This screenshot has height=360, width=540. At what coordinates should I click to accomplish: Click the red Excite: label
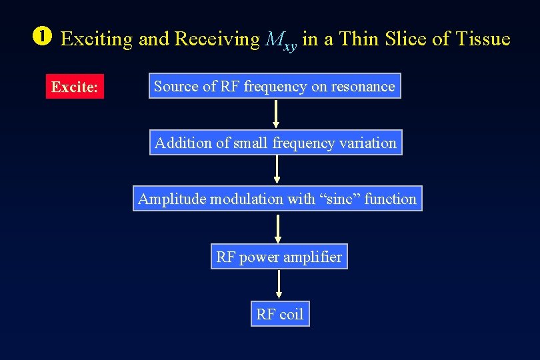75,87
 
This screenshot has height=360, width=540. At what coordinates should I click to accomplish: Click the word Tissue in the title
483,39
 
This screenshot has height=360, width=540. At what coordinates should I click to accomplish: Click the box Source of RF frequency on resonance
275,86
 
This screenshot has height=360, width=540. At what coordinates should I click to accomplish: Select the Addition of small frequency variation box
275,143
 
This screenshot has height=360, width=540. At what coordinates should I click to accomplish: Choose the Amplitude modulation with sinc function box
277,199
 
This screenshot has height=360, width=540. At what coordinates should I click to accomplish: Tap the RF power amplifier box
279,257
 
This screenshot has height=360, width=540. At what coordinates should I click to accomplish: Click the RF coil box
279,314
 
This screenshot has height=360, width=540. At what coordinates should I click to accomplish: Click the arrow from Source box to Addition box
276,114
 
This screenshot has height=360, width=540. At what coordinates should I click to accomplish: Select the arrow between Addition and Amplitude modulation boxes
277,170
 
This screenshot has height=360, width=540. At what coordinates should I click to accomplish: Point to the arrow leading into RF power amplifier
278,228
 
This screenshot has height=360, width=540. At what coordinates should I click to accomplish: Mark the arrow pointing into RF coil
279,285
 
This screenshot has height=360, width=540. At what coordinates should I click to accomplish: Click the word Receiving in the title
217,40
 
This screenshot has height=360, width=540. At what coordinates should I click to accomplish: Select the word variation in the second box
368,143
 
